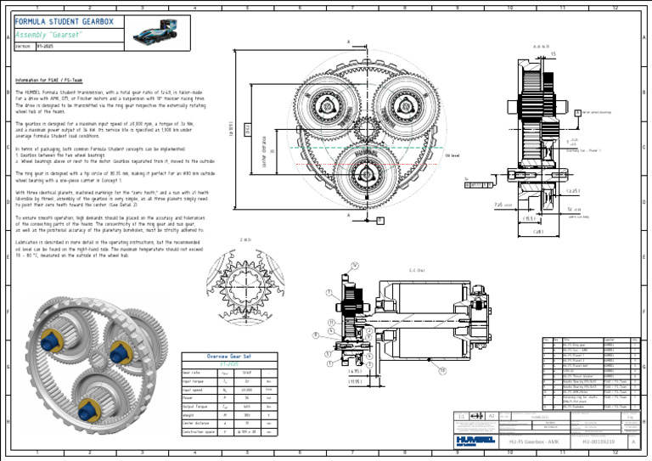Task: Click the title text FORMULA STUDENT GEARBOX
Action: coord(59,21)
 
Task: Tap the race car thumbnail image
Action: coord(160,34)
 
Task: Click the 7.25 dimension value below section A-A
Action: coord(475,204)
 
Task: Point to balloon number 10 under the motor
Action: coord(441,371)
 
